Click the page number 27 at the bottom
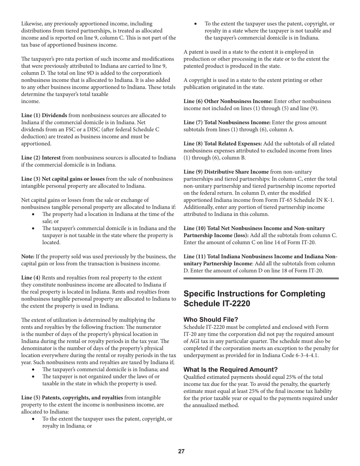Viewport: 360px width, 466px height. tap(181, 451)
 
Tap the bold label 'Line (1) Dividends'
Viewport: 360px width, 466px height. tap(44, 115)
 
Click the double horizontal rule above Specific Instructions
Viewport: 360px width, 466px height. tap(261, 278)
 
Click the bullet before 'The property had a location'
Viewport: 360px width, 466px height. tap(34, 214)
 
